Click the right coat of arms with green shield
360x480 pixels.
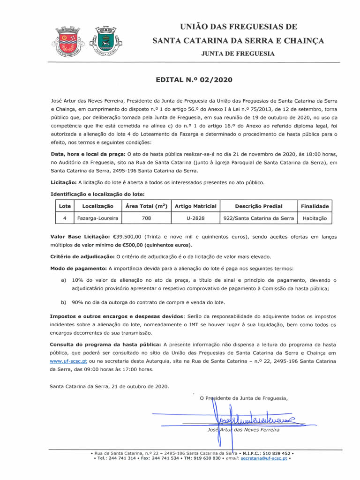coord(107,41)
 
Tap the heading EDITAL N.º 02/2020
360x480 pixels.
coord(194,80)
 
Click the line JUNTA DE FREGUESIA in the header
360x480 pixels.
coord(238,54)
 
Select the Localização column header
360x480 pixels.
coord(97,206)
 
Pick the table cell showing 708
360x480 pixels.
coord(146,218)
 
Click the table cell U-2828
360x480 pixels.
coord(195,218)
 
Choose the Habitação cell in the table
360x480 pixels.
coord(315,218)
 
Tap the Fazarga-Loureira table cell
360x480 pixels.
coord(97,218)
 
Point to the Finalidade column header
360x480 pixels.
coord(315,206)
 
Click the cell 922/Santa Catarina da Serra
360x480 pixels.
coord(259,218)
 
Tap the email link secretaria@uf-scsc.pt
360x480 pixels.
coord(264,458)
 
